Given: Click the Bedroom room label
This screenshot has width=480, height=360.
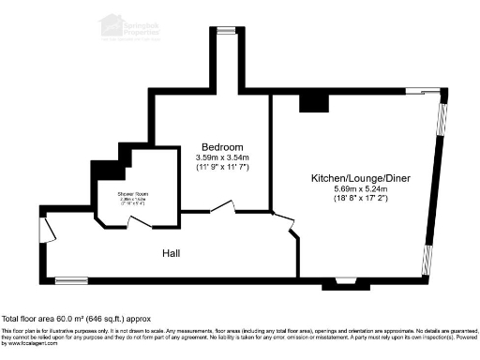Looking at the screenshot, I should (x=222, y=146).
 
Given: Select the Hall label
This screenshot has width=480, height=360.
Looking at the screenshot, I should (x=170, y=254).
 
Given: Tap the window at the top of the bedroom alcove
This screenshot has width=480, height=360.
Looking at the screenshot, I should (x=225, y=30).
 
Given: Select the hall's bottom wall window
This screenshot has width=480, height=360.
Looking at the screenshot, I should (x=70, y=279).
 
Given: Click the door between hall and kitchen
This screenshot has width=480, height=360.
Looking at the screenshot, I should (x=282, y=220).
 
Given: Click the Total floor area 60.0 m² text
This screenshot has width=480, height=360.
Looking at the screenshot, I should (x=76, y=319).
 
